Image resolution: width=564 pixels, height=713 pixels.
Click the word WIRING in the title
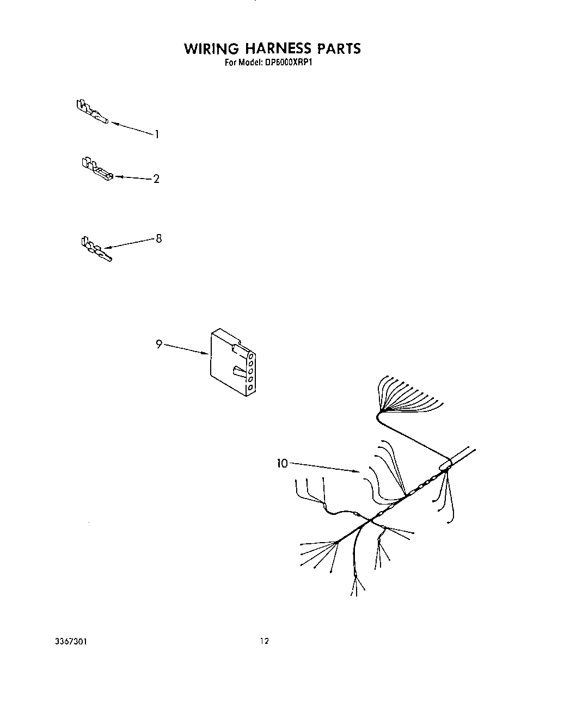pyautogui.click(x=211, y=49)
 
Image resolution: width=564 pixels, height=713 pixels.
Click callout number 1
pyautogui.click(x=157, y=134)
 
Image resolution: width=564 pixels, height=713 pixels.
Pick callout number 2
pyautogui.click(x=156, y=179)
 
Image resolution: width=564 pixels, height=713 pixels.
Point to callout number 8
pyautogui.click(x=158, y=238)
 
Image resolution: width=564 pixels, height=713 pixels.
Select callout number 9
pyautogui.click(x=159, y=344)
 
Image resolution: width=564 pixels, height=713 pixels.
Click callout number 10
pyautogui.click(x=282, y=463)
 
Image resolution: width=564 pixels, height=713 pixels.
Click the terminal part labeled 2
pyautogui.click(x=97, y=169)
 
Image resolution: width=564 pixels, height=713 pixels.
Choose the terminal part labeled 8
pyautogui.click(x=96, y=249)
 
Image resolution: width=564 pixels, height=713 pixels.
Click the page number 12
pyautogui.click(x=264, y=642)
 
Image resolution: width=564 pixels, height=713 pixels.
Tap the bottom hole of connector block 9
pyautogui.click(x=250, y=388)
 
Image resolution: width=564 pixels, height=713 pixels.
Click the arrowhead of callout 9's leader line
pyautogui.click(x=208, y=354)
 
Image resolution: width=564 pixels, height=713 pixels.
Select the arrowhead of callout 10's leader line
pyautogui.click(x=358, y=472)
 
